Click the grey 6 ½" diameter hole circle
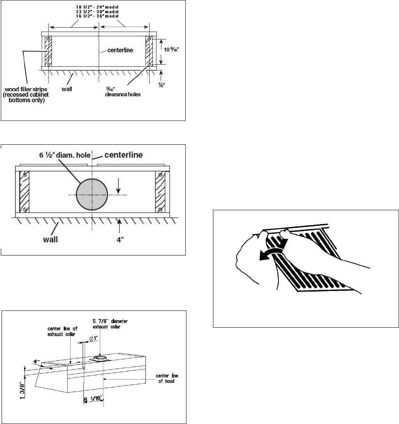coord(92,194)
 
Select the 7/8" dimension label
coord(171,84)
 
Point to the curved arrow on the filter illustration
coord(272,251)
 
